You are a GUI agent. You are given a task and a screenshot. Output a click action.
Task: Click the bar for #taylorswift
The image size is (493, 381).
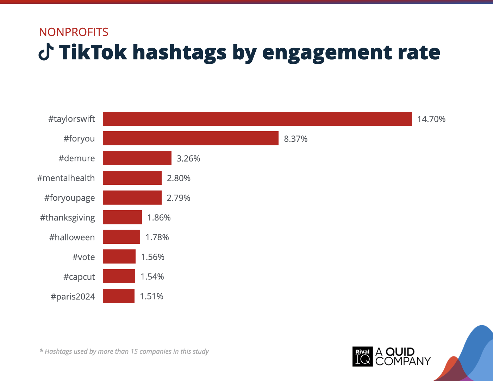[x=257, y=119]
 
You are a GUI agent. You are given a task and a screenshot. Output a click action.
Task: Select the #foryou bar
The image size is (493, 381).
[x=191, y=138]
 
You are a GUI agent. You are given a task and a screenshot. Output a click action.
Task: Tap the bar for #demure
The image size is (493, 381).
[x=137, y=158]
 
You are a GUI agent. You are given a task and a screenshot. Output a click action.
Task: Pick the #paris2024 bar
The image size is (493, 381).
[x=119, y=296]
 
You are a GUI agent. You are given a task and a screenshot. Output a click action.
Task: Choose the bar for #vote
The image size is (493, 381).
[x=119, y=256]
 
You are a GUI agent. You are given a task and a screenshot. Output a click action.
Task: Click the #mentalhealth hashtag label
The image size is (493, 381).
[x=66, y=178]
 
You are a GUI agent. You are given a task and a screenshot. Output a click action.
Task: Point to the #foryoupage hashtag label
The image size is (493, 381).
[x=69, y=198]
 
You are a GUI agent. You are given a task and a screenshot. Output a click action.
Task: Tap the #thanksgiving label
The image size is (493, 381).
[x=67, y=218]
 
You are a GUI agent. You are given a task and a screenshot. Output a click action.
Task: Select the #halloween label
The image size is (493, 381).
[x=72, y=237]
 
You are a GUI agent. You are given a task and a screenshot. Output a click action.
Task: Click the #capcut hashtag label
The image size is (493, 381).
[x=79, y=277]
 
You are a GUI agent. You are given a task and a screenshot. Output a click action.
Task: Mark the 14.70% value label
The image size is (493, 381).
[x=431, y=119]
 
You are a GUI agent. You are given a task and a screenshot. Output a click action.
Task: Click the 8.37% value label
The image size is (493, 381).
[x=295, y=139]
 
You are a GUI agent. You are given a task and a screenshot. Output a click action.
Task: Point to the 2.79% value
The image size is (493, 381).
[x=178, y=198]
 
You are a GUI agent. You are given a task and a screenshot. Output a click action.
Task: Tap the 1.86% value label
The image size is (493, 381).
[x=159, y=218]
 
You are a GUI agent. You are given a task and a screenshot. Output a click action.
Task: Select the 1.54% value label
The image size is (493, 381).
[x=152, y=277]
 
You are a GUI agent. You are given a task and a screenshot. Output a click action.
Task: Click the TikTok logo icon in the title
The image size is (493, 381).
[x=46, y=52]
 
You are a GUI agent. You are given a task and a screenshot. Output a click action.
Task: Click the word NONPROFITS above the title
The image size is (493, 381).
[x=74, y=32]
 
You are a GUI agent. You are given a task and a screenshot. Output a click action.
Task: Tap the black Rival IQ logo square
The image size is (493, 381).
[x=362, y=356]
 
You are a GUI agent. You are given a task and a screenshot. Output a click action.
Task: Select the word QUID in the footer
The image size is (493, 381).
[x=400, y=352]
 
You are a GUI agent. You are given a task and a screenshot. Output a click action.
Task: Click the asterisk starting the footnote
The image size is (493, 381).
[x=42, y=351]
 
